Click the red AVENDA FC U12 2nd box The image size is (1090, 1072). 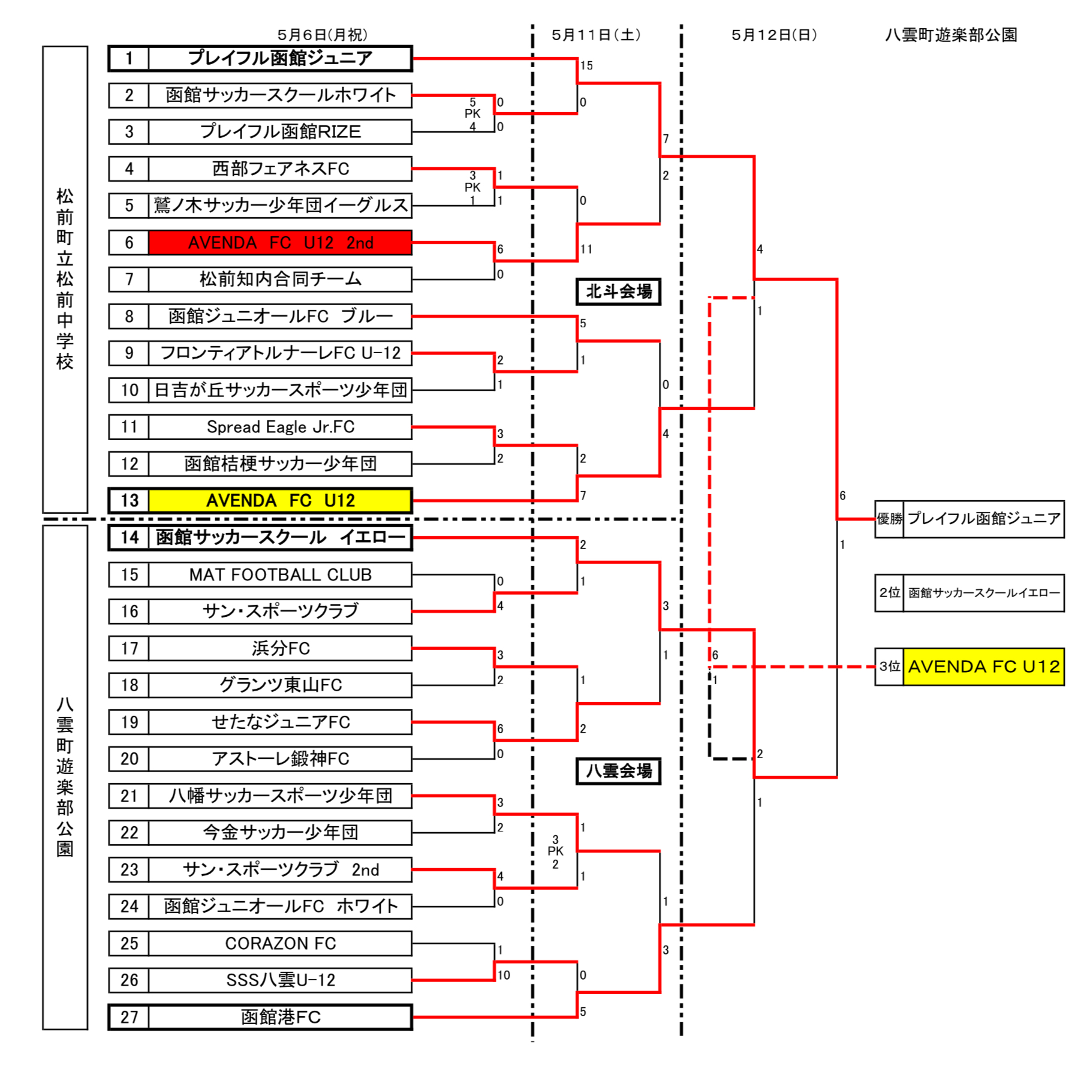[280, 243]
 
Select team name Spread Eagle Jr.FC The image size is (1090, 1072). [280, 427]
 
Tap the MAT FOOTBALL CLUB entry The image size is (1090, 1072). [280, 574]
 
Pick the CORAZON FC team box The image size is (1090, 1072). [280, 943]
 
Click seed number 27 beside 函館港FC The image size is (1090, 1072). [129, 1017]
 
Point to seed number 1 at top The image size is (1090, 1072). [129, 58]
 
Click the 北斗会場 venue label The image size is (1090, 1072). [618, 292]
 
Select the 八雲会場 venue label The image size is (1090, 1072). [618, 771]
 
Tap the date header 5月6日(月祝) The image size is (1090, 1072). [323, 35]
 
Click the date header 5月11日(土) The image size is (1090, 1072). [596, 35]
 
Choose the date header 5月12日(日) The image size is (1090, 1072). [774, 35]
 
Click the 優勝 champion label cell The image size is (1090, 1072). [889, 519]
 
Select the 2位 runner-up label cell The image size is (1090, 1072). [889, 593]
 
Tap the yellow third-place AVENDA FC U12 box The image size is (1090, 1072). [983, 667]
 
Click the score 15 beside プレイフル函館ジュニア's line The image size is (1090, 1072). [586, 65]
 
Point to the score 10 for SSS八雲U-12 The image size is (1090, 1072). [504, 975]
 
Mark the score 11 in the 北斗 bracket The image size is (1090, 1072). [586, 249]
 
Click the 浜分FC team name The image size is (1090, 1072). [280, 648]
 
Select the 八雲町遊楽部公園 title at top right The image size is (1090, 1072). [951, 35]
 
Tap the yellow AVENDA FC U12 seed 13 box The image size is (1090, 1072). [280, 501]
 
